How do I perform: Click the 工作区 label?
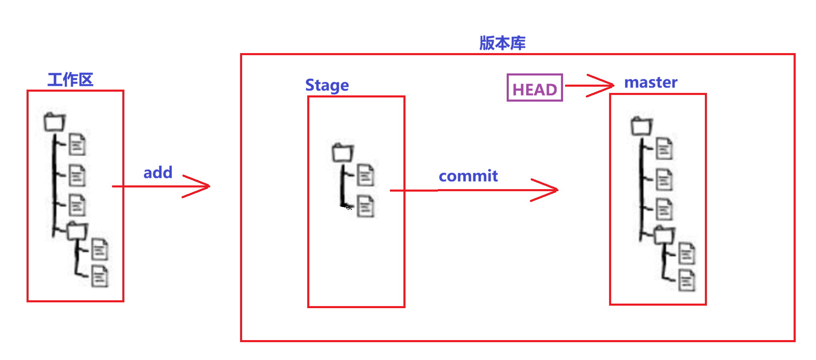tap(70, 79)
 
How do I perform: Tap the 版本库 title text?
tap(502, 43)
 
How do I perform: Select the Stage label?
tap(327, 85)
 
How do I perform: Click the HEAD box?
tap(534, 88)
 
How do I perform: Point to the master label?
tap(651, 82)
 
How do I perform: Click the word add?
tap(158, 172)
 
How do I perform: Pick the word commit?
tap(468, 176)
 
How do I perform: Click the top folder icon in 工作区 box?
tap(55, 122)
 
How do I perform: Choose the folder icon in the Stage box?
tap(342, 153)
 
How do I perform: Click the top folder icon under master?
tap(641, 126)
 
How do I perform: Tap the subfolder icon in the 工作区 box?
tap(77, 231)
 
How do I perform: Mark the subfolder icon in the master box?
tap(664, 235)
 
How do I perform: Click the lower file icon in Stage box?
tap(365, 206)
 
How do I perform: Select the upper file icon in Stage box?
tap(365, 175)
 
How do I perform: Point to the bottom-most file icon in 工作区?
tap(100, 276)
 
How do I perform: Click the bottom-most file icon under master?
tap(687, 280)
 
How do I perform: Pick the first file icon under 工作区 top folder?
tap(77, 144)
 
